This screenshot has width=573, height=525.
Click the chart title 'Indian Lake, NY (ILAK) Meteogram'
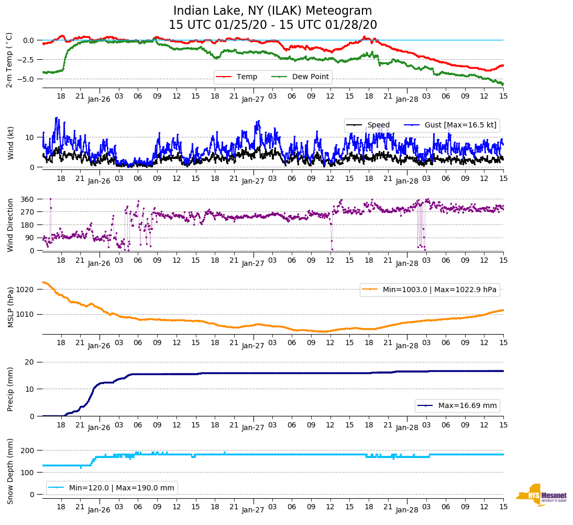point(272,11)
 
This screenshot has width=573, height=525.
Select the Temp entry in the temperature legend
point(247,77)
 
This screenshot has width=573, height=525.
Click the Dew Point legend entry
point(311,77)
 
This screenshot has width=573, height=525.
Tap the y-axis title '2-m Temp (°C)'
point(9,59)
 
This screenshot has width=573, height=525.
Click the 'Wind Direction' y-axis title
point(10,225)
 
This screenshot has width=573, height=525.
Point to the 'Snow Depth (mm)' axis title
point(10,470)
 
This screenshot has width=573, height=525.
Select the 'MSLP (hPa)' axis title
point(10,307)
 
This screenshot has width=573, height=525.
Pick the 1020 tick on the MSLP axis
point(26,290)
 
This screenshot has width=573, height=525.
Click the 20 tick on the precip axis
point(30,362)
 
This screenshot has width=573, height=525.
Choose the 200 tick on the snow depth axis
point(28,451)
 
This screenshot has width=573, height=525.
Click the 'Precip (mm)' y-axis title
point(10,389)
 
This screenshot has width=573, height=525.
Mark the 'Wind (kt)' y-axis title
point(10,142)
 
